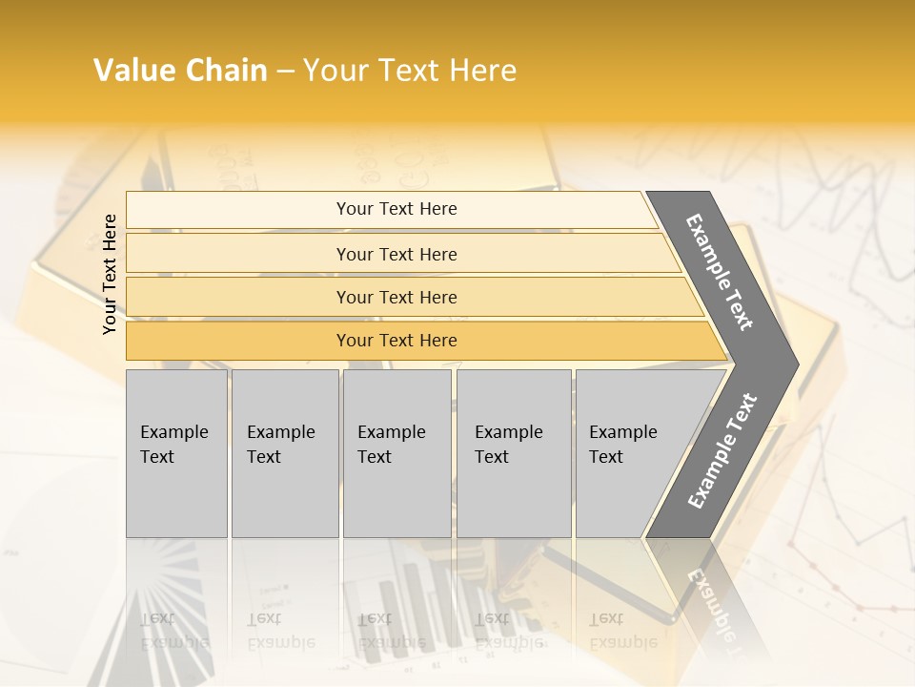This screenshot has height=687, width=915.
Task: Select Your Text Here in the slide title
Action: click(410, 71)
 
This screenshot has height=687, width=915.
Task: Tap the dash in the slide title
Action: click(285, 72)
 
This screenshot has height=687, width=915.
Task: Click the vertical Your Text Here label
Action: click(110, 274)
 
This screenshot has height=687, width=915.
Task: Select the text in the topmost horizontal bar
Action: click(396, 209)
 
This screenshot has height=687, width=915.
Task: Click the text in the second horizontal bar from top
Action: click(396, 255)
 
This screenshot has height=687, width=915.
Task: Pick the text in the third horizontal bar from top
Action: click(396, 298)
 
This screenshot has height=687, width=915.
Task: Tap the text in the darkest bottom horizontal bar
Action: click(396, 341)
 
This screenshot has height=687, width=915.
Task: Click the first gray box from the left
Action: click(176, 453)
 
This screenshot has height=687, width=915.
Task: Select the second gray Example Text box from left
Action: click(284, 453)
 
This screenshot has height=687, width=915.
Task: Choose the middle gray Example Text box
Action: click(396, 453)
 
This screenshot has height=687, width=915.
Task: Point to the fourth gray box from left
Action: click(514, 453)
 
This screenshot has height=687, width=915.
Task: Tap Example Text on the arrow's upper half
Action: click(720, 272)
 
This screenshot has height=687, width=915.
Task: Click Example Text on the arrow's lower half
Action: click(722, 451)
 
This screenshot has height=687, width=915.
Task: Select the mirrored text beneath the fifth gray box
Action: click(622, 630)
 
